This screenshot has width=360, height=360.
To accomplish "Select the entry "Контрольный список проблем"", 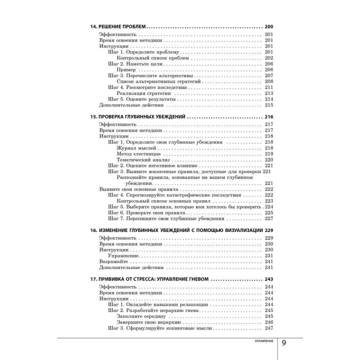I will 153,58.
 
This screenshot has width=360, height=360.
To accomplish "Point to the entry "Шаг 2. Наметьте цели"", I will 135,64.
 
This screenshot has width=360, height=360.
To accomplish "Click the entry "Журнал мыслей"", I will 137,148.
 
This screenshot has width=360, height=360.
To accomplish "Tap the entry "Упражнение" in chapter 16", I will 123,255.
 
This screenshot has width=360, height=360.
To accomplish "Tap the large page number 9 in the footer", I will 284,343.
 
